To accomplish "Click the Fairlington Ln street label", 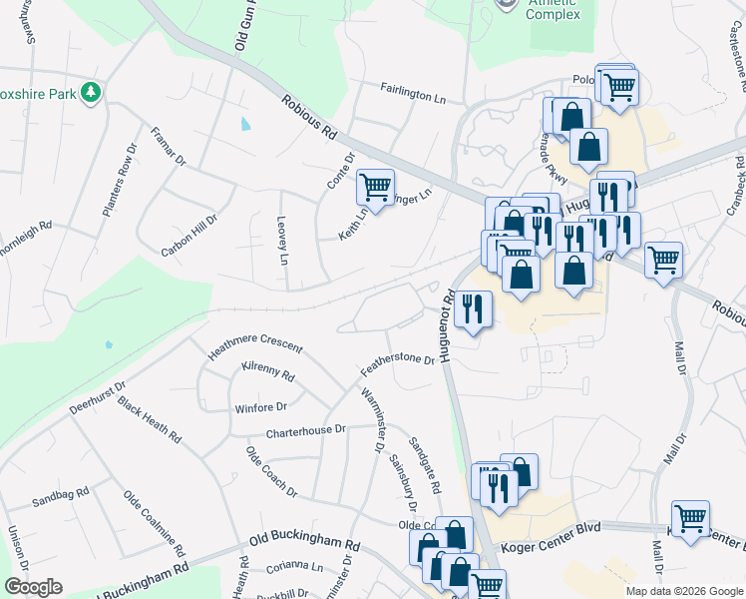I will point(413,93).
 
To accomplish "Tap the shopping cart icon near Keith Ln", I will point(375,187).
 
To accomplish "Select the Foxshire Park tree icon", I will point(92,92).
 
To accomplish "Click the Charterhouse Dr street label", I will point(305,430).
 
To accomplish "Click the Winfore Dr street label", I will point(260,407).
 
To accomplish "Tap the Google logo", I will point(34,587).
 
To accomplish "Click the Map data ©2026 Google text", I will point(684,591).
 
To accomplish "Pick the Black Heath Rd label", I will point(150,419).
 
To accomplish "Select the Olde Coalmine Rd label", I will point(154,523).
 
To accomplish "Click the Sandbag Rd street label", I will point(61,496).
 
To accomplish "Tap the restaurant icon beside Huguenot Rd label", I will point(473,308).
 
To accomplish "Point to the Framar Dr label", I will point(169,146).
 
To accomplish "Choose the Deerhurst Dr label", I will point(97,397).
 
